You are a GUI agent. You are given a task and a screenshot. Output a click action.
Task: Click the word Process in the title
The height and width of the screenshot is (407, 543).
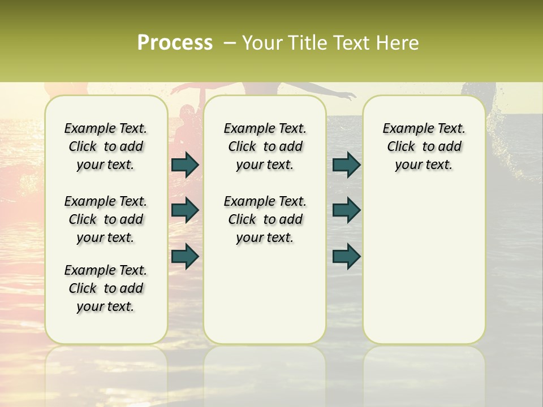(x=175, y=43)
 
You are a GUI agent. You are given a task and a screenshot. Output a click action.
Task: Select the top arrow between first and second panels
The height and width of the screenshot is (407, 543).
(x=185, y=164)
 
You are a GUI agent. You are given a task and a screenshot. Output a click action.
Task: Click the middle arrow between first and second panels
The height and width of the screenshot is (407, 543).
(x=185, y=210)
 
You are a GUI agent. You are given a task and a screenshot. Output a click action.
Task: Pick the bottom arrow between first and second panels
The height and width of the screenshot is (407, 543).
(x=185, y=256)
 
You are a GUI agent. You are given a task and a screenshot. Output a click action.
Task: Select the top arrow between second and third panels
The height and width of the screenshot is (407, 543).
(x=347, y=164)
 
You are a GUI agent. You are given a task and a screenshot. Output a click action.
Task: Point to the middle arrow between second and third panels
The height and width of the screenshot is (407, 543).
(x=347, y=210)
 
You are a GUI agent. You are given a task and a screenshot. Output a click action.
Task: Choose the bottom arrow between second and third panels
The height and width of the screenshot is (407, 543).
(x=347, y=256)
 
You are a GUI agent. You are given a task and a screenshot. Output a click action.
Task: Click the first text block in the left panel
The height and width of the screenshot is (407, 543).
(x=106, y=146)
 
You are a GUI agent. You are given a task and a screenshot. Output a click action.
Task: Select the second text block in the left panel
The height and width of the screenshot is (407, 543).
(x=106, y=219)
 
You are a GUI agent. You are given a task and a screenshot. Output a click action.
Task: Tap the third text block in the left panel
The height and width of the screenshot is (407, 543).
(x=106, y=288)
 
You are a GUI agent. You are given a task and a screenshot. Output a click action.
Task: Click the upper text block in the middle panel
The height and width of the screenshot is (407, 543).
(x=265, y=146)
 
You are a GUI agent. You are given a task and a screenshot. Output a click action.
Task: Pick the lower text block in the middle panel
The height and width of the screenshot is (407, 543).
(x=265, y=219)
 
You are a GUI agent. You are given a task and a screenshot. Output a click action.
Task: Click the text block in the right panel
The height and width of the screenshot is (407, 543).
(x=424, y=146)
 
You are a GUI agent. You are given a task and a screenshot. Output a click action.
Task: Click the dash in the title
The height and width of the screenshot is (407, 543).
(x=230, y=43)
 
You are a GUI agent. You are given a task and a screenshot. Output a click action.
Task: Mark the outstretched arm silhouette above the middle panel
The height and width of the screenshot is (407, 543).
(x=334, y=93)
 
